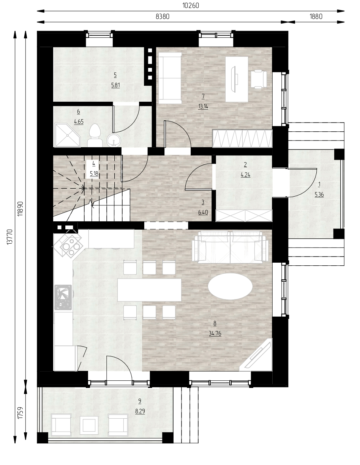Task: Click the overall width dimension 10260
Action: [191, 6]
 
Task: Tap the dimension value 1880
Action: [316, 16]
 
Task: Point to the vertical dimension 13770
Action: [10, 237]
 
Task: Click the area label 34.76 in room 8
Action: [215, 333]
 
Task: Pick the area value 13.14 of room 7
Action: [203, 106]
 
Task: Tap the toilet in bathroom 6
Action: [95, 135]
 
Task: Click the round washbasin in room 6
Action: [114, 140]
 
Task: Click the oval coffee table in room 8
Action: [230, 286]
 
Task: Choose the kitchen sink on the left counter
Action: [63, 297]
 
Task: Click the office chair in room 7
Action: [259, 79]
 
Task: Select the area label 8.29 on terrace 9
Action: [140, 411]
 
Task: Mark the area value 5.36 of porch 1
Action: [319, 194]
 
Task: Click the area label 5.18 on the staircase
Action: [94, 173]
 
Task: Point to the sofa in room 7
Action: [170, 78]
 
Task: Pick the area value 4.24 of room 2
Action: [245, 175]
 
